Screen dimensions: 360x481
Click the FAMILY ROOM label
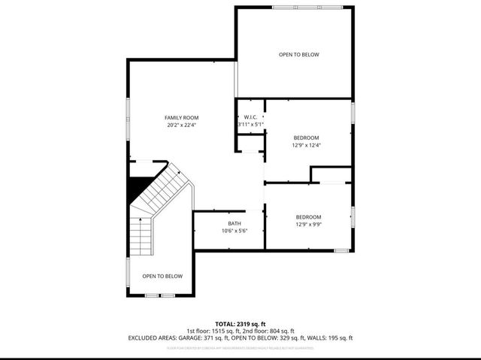coord(181,118)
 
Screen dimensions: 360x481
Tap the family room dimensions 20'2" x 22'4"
coord(181,126)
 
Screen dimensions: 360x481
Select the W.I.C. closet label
coord(251,116)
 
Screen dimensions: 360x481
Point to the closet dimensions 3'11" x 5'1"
coord(251,124)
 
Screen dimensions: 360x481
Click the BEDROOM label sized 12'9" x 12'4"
coord(306,138)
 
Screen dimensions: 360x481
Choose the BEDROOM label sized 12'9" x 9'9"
coord(308,216)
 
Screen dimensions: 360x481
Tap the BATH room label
coord(234,223)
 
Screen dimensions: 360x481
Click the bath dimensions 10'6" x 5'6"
coord(234,231)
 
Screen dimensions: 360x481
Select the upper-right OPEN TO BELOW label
coord(299,55)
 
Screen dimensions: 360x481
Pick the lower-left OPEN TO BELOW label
coord(162,276)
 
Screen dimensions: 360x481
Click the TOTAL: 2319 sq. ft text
coord(240,322)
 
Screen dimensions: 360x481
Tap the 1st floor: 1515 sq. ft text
coord(214,331)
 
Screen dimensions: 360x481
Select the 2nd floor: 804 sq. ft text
coord(271,331)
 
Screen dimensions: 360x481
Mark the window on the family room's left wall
coord(128,120)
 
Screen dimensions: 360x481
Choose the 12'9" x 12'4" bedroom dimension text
coord(306,145)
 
